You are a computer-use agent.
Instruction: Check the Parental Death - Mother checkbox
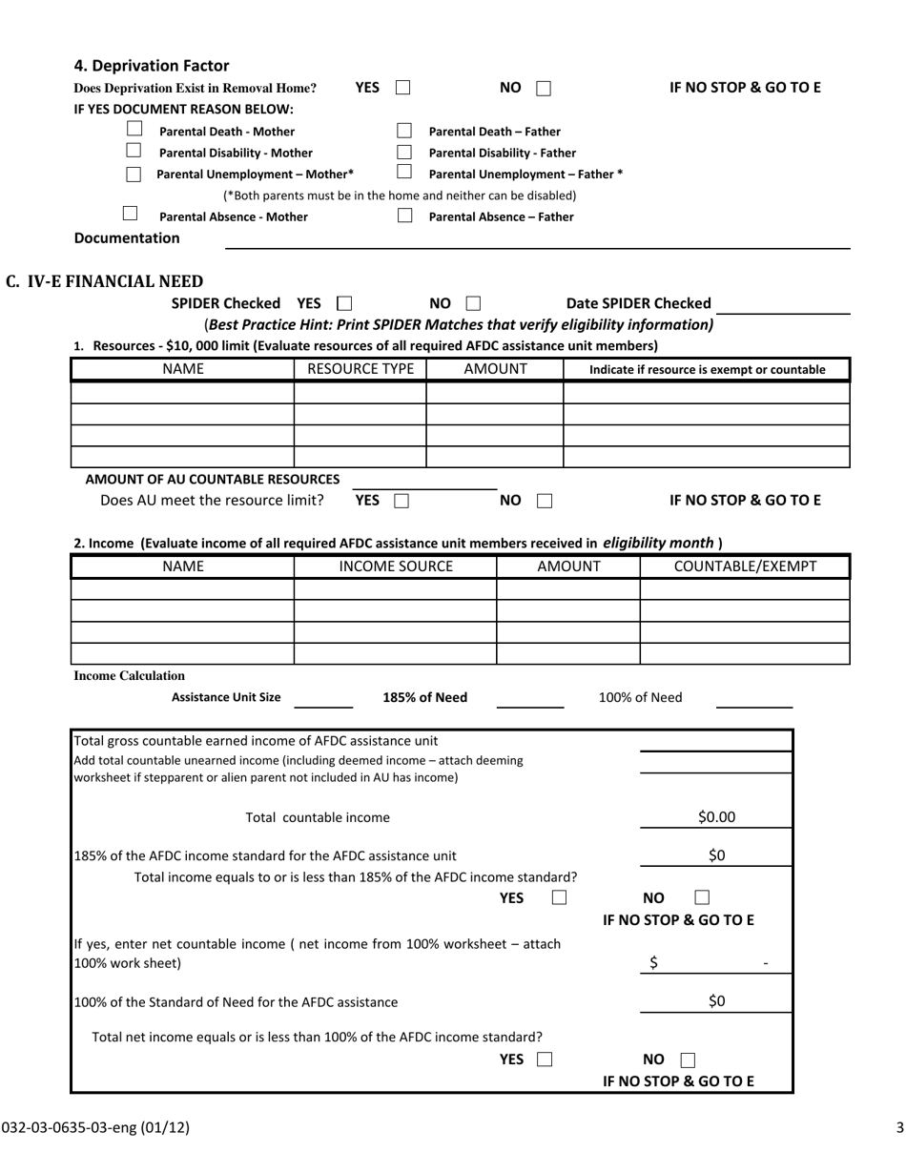(134, 130)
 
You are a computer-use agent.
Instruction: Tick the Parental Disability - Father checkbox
(404, 152)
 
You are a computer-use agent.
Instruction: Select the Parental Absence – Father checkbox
(404, 216)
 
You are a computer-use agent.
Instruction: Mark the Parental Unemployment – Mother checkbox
(134, 174)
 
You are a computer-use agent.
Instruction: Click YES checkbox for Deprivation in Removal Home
(402, 89)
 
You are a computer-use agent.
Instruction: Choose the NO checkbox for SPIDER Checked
(472, 304)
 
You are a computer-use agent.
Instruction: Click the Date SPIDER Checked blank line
(783, 304)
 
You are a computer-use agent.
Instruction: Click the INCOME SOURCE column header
(395, 566)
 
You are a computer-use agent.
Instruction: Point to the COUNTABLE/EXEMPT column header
(744, 566)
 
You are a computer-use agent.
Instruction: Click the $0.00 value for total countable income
(716, 817)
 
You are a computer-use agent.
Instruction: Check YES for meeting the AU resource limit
(402, 501)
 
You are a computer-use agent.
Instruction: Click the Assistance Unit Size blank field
(323, 700)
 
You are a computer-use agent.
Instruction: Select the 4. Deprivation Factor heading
(152, 66)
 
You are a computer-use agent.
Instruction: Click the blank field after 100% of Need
(753, 699)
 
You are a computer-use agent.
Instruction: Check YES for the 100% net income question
(545, 1060)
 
